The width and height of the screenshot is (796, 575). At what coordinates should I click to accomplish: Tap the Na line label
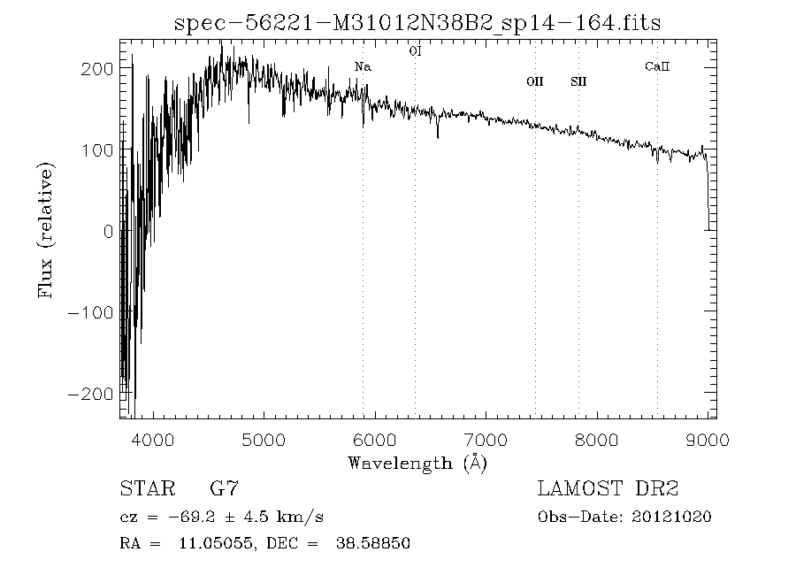pyautogui.click(x=363, y=66)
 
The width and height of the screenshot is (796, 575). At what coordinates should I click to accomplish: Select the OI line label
pyautogui.click(x=415, y=51)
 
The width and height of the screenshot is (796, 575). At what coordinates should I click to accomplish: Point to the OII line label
pyautogui.click(x=534, y=81)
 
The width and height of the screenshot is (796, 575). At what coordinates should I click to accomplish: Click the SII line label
pyautogui.click(x=578, y=81)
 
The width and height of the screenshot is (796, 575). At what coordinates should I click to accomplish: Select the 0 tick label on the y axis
pyautogui.click(x=107, y=232)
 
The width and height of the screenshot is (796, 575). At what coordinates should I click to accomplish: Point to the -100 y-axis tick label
pyautogui.click(x=89, y=312)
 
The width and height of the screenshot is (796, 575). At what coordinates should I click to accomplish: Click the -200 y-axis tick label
pyautogui.click(x=89, y=394)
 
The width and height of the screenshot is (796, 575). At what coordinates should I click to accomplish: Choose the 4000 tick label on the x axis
pyautogui.click(x=154, y=439)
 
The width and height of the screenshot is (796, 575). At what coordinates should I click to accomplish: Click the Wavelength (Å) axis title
pyautogui.click(x=417, y=463)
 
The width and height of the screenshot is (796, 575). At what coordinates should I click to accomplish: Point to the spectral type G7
pyautogui.click(x=224, y=488)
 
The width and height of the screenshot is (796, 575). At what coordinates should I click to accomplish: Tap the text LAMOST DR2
pyautogui.click(x=608, y=488)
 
